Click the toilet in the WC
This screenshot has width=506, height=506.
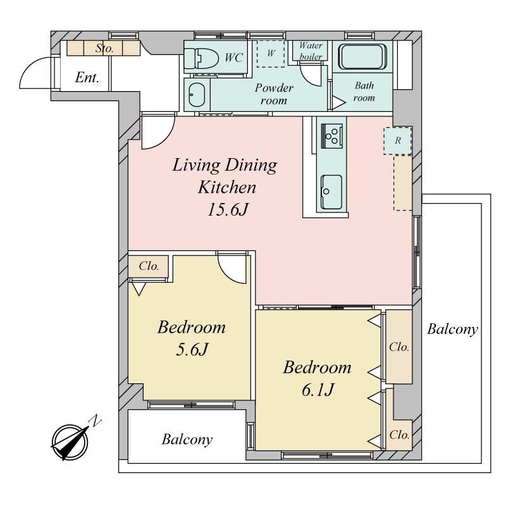(201, 58)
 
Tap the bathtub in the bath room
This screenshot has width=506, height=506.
(362, 57)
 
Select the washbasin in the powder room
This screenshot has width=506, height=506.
(197, 95)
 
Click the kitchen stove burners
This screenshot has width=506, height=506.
(331, 136)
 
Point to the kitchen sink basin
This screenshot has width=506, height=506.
(331, 192)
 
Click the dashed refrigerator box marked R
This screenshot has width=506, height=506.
(398, 140)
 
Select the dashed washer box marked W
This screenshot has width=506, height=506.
(271, 54)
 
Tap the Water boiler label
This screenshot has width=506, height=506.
(311, 51)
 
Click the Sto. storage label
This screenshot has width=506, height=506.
(104, 49)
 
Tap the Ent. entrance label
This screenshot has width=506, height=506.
(87, 77)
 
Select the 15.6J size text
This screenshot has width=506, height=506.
(228, 209)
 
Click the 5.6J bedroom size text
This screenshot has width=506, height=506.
(192, 349)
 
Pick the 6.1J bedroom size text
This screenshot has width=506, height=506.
(318, 390)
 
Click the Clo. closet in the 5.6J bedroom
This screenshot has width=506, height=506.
(149, 266)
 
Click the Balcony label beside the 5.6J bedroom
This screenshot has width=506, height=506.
(187, 440)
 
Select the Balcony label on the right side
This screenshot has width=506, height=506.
(452, 330)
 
